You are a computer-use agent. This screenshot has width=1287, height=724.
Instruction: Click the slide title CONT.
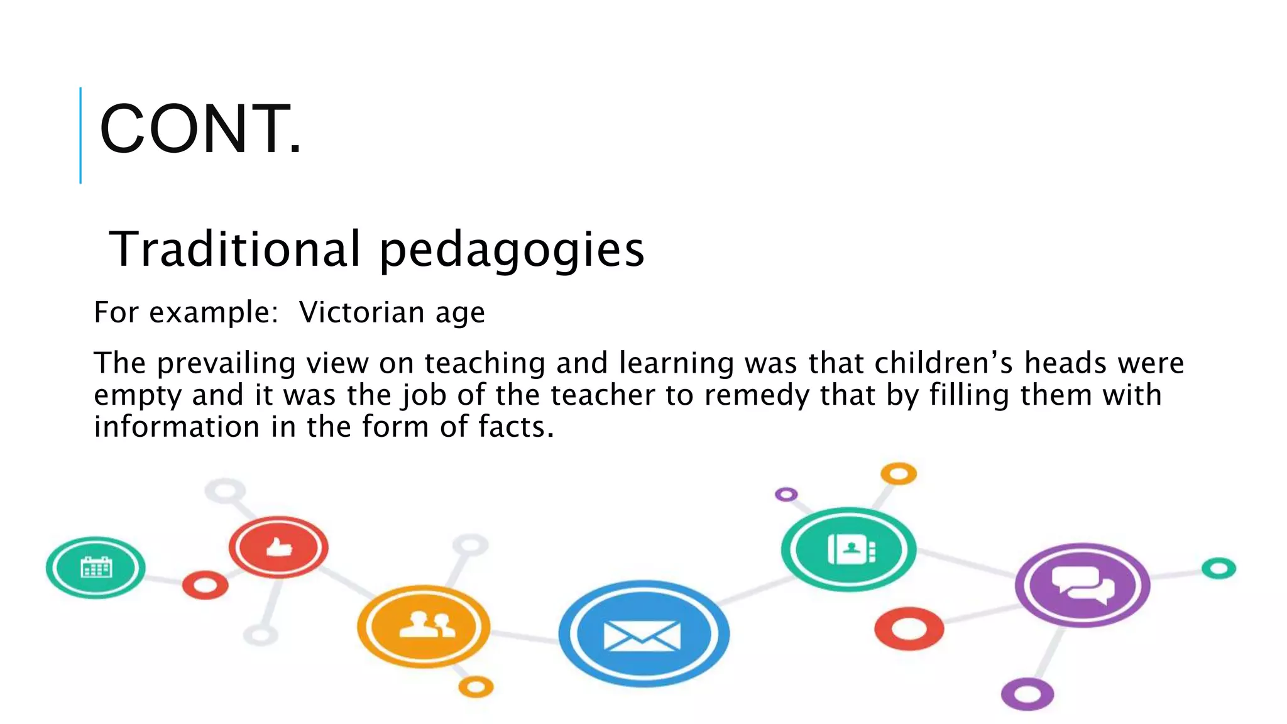click(200, 129)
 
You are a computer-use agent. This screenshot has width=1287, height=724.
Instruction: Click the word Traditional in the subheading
click(235, 249)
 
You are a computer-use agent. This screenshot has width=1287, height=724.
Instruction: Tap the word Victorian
click(361, 312)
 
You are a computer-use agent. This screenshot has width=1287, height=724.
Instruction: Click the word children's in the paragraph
click(944, 363)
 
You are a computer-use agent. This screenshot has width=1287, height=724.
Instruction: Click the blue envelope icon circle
click(643, 633)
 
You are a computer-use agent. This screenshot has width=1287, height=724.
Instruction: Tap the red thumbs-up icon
click(278, 547)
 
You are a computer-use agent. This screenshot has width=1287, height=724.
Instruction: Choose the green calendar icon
click(96, 568)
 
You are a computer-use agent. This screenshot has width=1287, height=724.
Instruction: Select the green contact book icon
click(849, 549)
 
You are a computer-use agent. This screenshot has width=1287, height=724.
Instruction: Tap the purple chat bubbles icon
click(1082, 585)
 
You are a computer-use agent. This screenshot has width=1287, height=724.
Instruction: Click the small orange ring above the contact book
click(898, 474)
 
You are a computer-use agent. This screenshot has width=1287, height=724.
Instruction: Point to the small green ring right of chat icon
click(1219, 569)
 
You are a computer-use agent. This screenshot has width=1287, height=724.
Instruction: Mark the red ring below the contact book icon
click(909, 628)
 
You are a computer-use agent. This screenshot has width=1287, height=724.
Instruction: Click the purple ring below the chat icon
click(1027, 694)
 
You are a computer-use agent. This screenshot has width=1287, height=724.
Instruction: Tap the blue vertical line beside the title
click(80, 135)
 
